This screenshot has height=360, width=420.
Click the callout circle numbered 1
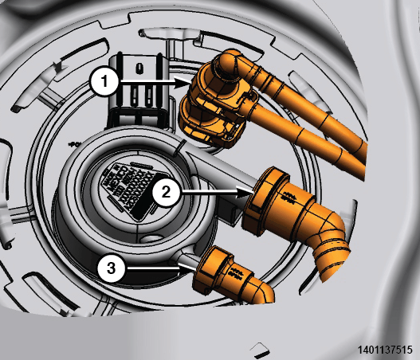tap(104, 80)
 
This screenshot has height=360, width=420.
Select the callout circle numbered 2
tap(166, 192)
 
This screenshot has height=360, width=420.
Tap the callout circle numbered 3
tap(111, 268)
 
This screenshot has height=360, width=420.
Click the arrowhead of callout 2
tap(245, 192)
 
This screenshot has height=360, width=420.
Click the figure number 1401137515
tap(385, 350)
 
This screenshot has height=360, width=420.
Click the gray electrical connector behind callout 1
tap(139, 91)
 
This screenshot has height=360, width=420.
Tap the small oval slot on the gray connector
tap(139, 68)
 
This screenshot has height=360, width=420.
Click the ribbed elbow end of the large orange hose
tap(332, 258)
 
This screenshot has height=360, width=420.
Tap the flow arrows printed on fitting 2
tap(289, 197)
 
